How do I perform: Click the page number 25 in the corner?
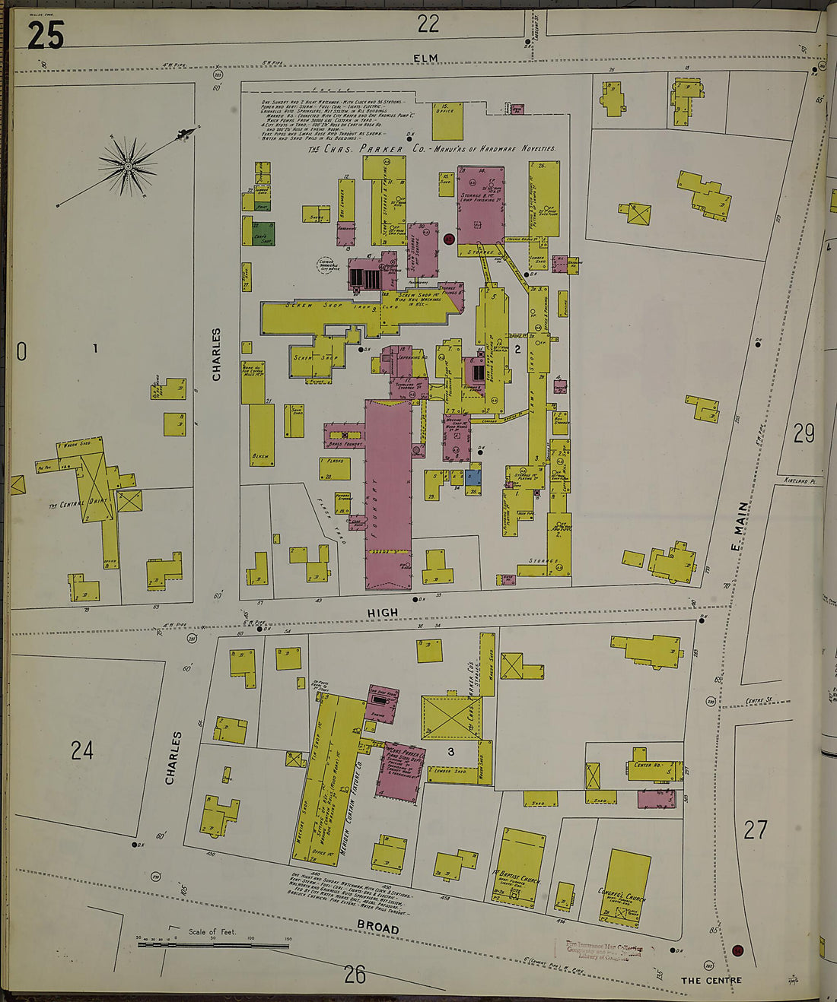click(45, 35)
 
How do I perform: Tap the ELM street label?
click(426, 59)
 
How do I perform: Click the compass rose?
click(127, 166)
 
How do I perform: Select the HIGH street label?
click(382, 612)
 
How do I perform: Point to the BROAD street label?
click(378, 928)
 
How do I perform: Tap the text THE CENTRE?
click(710, 980)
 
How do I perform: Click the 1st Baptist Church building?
click(519, 867)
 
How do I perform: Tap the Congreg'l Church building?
click(627, 886)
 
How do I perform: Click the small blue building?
click(473, 477)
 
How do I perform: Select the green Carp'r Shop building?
click(263, 232)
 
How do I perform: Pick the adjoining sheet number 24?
click(82, 750)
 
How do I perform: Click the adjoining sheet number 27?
click(755, 829)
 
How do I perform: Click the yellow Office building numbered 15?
click(447, 121)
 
